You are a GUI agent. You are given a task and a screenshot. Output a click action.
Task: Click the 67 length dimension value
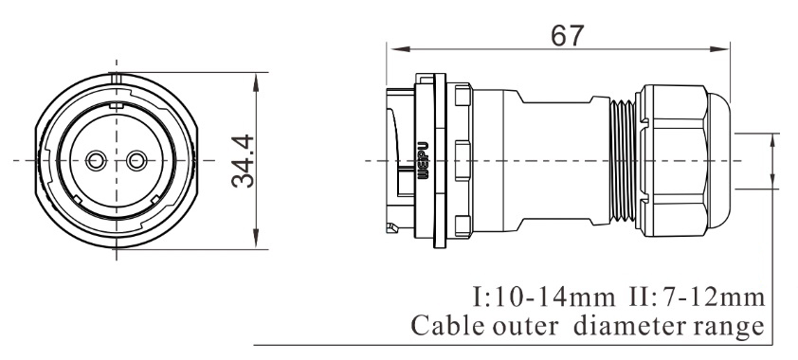[x=568, y=36]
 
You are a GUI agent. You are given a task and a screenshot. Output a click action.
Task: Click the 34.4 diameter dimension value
[x=243, y=161]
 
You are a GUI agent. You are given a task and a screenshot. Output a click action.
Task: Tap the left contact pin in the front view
[x=95, y=161]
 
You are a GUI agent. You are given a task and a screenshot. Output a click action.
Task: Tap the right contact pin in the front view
[x=136, y=161]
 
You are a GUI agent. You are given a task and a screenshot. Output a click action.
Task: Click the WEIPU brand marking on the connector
[x=423, y=161]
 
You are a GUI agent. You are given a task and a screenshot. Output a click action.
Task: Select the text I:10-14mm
[x=543, y=297]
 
